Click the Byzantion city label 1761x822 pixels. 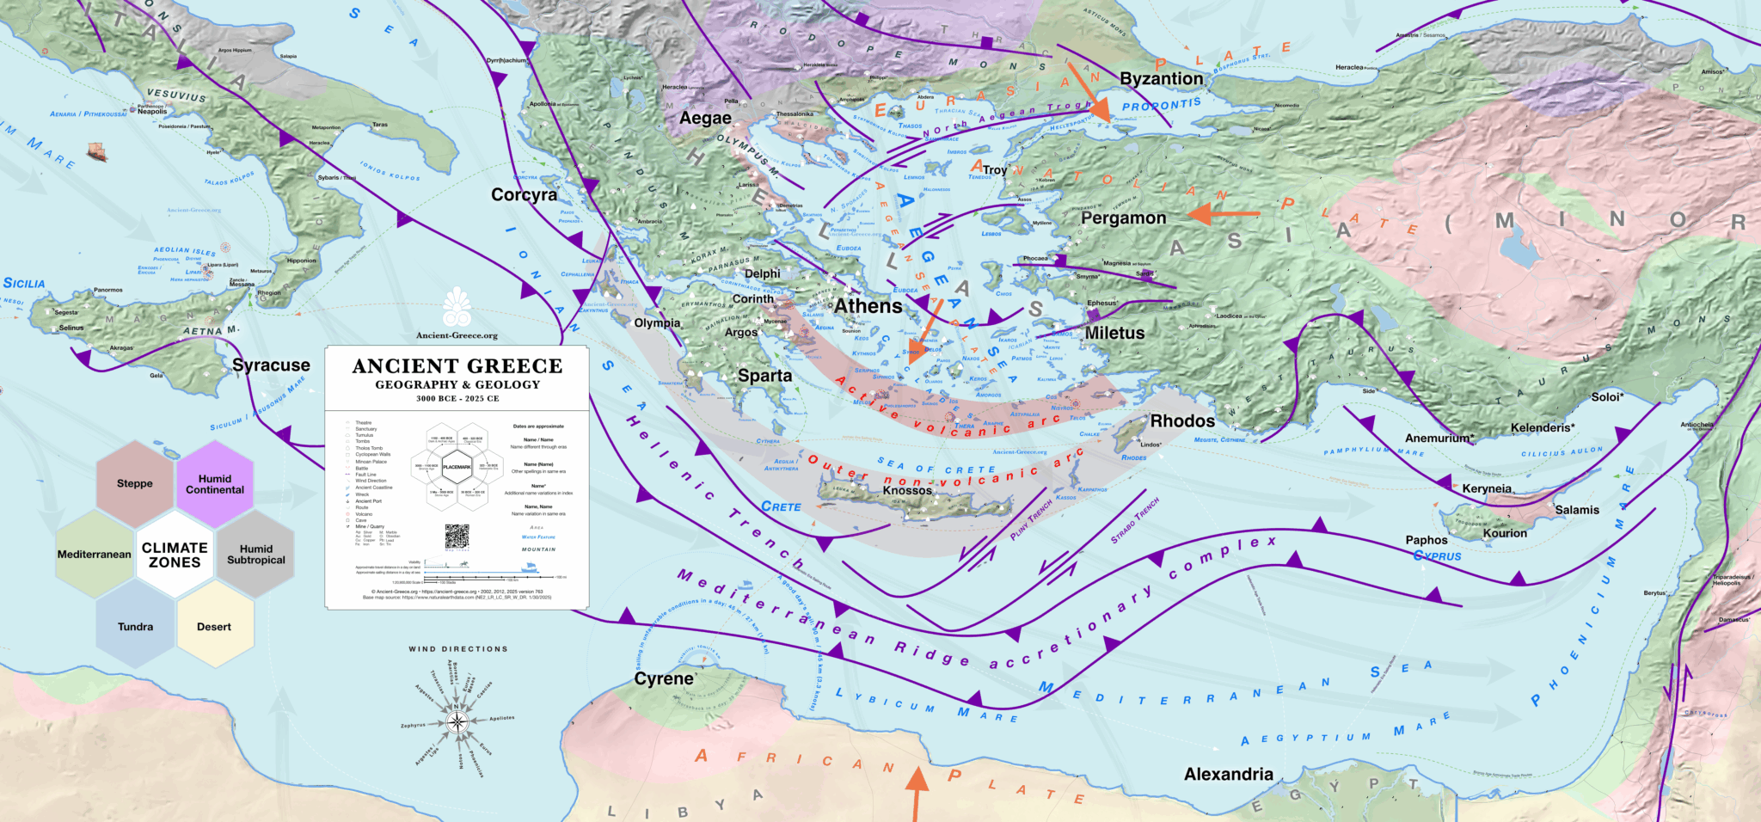(1161, 78)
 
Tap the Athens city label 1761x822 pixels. (868, 306)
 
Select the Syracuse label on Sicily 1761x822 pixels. (271, 365)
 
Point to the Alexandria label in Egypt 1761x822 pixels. (1228, 774)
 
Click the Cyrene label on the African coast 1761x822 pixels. (664, 678)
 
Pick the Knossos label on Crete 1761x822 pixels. (907, 490)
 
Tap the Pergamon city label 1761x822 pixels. (1123, 218)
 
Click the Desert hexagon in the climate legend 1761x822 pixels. (214, 627)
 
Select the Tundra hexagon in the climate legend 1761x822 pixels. (135, 627)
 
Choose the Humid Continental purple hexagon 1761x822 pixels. (215, 484)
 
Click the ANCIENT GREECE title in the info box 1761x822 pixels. (457, 366)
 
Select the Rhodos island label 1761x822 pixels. (1182, 421)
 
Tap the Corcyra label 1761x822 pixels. (524, 195)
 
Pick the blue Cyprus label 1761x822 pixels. (1437, 556)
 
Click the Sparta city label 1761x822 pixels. (764, 376)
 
